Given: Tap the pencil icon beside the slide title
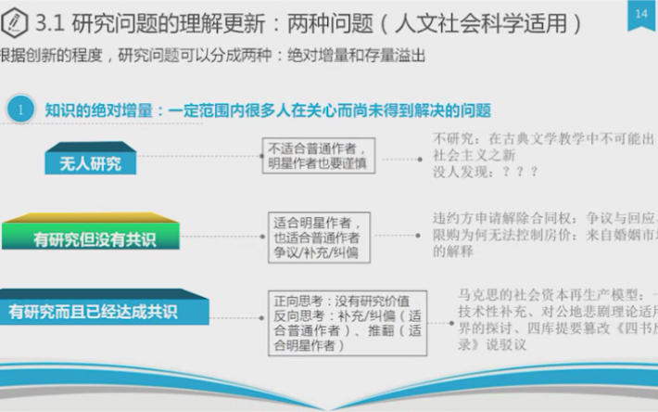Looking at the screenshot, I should pos(14,20).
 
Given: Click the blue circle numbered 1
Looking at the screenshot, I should pos(19,109).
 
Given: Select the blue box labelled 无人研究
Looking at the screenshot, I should pos(91,164).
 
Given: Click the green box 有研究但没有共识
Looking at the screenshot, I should pos(94,239).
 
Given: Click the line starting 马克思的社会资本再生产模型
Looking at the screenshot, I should pos(556,294).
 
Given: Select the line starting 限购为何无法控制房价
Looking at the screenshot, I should pos(543,234).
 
